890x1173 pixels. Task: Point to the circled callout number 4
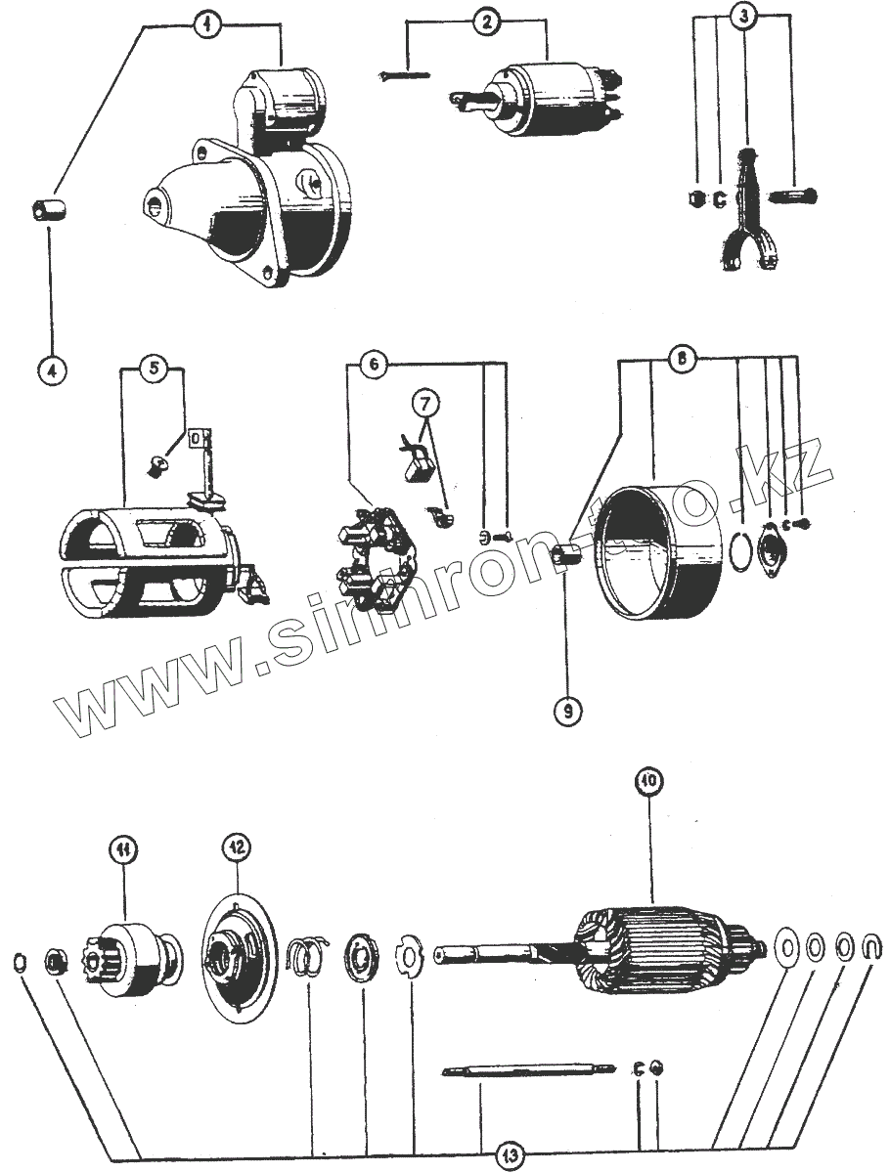point(51,371)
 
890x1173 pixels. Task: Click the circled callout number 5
point(153,369)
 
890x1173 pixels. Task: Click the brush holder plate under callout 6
point(376,560)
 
